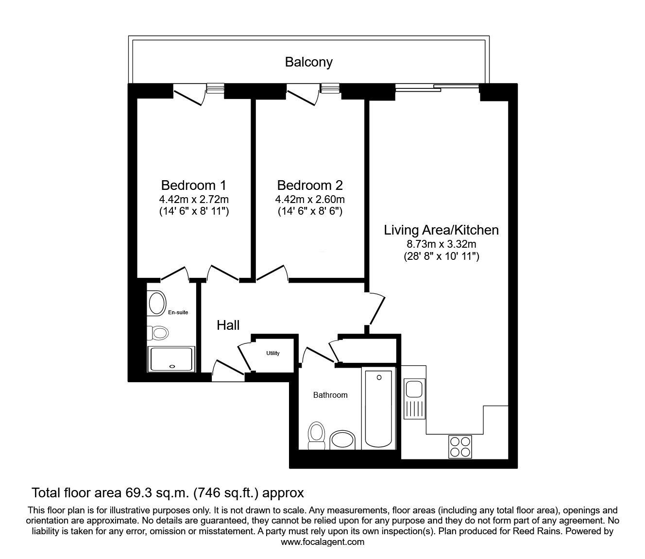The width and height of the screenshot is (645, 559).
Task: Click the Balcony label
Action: [x=308, y=62]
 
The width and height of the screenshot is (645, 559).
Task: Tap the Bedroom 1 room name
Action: [x=193, y=186]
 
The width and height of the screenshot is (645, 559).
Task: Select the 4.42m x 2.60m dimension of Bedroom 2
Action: [x=310, y=199]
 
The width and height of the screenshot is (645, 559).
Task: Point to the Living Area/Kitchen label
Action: [x=441, y=230]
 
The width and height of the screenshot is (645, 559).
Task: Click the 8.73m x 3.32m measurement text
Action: [x=441, y=244]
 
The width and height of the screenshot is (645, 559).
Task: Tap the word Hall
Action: [x=228, y=325]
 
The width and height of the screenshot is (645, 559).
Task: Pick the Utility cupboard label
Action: [x=273, y=353]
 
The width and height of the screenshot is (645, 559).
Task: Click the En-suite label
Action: [x=178, y=312]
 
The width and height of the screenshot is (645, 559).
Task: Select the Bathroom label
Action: [x=330, y=395]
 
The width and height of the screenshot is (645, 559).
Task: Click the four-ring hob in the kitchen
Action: [x=460, y=447]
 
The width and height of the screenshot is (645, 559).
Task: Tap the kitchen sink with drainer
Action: [x=414, y=399]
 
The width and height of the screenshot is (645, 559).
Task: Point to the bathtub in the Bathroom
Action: [x=378, y=408]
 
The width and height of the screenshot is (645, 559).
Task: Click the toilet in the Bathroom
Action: [x=316, y=436]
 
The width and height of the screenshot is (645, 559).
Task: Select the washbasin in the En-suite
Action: [x=157, y=303]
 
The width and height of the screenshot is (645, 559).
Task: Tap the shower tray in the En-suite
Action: [x=171, y=359]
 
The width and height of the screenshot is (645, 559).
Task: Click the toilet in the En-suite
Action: [x=158, y=333]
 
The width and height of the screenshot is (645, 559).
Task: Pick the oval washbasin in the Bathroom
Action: [x=342, y=440]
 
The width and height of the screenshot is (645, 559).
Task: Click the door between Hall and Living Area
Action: [x=377, y=310]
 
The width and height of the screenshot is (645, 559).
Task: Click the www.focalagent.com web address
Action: [x=322, y=542]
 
